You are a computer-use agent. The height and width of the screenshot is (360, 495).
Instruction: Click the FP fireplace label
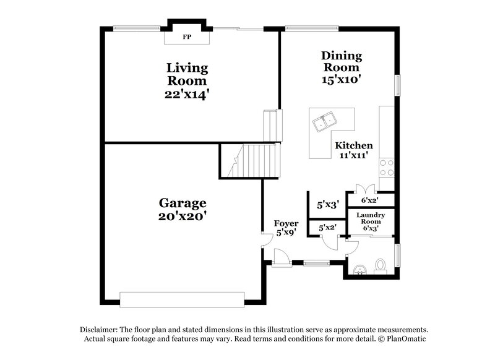pyautogui.click(x=186, y=37)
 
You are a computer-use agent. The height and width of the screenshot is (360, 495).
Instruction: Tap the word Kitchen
pyautogui.click(x=354, y=146)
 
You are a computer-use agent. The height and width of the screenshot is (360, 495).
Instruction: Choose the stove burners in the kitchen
pyautogui.click(x=387, y=166)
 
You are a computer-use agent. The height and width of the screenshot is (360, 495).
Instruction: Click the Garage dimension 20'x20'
pyautogui.click(x=183, y=216)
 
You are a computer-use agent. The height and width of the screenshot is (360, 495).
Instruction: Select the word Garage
pyautogui.click(x=183, y=203)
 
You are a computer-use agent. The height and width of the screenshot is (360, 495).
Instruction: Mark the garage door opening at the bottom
pyautogui.click(x=183, y=299)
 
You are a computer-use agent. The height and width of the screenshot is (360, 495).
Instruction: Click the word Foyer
pyautogui.click(x=286, y=223)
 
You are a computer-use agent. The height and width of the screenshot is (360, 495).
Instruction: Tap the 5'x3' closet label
pyautogui.click(x=327, y=204)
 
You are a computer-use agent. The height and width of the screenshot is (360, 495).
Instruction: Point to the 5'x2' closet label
pyautogui.click(x=327, y=228)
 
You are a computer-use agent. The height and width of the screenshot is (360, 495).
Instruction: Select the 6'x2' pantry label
pyautogui.click(x=369, y=200)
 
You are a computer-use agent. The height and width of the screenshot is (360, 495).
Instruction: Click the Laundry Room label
pyautogui.click(x=371, y=218)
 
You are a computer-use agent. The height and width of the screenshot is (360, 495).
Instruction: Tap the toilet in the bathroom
pyautogui.click(x=381, y=265)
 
